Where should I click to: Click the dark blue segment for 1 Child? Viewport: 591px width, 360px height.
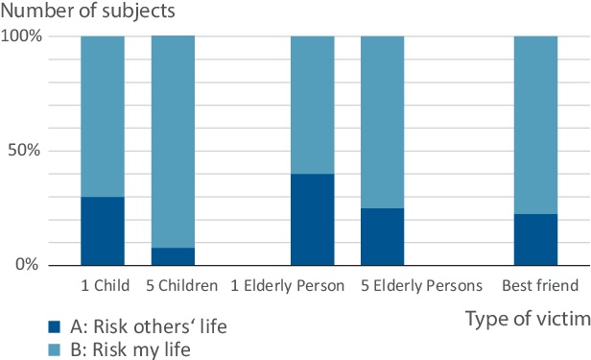[103, 230]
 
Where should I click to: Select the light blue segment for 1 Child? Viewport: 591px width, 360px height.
[103, 116]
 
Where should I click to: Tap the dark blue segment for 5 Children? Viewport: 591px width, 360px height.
[173, 255]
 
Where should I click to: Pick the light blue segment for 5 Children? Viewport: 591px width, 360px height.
[173, 141]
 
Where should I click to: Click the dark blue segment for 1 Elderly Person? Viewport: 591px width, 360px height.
[313, 219]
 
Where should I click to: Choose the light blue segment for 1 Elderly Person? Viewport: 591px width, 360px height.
[313, 105]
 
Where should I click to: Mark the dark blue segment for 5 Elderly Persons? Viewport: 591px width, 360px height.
[383, 236]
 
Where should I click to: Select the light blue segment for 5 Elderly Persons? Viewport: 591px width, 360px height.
[383, 122]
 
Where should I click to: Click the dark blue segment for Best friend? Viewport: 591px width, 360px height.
[535, 239]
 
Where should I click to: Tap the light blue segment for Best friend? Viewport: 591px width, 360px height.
[535, 125]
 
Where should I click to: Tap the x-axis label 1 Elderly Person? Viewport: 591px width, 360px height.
[289, 286]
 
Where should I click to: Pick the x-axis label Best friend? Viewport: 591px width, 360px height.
[539, 286]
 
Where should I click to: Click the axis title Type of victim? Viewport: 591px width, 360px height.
[528, 318]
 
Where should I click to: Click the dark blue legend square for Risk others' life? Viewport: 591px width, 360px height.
[11, 326]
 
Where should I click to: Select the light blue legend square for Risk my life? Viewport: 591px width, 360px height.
[11, 349]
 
